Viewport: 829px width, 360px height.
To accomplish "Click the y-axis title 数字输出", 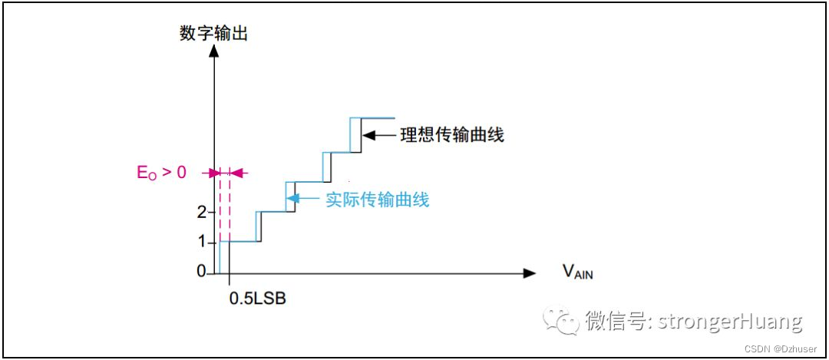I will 213,34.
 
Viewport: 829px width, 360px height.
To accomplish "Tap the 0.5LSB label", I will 257,298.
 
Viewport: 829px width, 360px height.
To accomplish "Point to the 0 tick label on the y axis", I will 200,272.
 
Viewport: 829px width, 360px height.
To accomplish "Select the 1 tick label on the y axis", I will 200,242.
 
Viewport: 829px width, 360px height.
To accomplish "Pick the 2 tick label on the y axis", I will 200,211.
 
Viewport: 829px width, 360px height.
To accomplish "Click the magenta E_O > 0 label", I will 161,173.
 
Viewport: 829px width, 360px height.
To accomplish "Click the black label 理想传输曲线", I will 451,136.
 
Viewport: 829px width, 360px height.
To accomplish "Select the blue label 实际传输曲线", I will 377,200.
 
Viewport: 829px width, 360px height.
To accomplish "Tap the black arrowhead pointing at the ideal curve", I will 367,136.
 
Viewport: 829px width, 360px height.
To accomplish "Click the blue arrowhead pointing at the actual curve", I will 292,200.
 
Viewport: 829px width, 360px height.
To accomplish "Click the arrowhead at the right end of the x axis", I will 529,272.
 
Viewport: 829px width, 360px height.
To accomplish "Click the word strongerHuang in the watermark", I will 727,320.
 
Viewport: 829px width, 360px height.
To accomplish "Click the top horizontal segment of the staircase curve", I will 373,118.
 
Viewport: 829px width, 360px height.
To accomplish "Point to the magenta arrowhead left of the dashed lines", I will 214,173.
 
